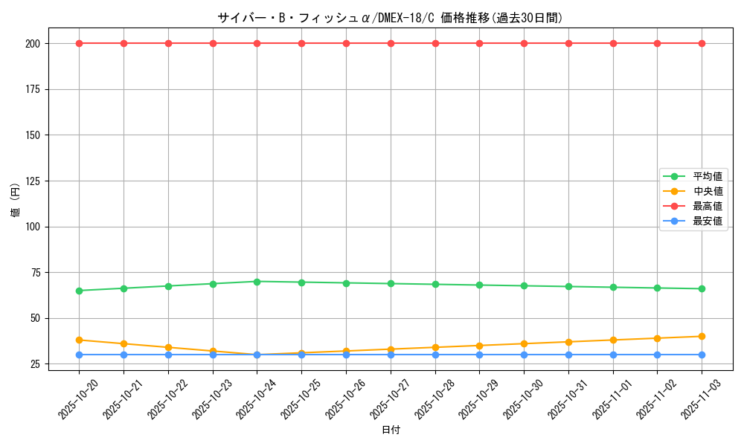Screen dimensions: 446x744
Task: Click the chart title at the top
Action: pyautogui.click(x=390, y=18)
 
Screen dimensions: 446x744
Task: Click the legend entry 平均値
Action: pyautogui.click(x=708, y=176)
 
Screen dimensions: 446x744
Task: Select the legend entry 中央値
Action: pyautogui.click(x=708, y=191)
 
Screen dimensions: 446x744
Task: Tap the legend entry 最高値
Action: pyautogui.click(x=708, y=206)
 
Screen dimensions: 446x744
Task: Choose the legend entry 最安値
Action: pyautogui.click(x=708, y=221)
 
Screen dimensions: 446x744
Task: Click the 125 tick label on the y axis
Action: pyautogui.click(x=36, y=181)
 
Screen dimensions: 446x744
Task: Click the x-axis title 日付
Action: pyautogui.click(x=391, y=430)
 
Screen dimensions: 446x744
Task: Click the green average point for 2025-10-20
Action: pyautogui.click(x=79, y=291)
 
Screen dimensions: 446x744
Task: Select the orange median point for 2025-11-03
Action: pyautogui.click(x=702, y=336)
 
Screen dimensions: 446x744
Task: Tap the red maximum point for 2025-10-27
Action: pyautogui.click(x=391, y=43)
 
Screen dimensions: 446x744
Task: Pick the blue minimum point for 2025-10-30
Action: pyautogui.click(x=524, y=355)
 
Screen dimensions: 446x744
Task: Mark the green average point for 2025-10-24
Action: pyautogui.click(x=257, y=282)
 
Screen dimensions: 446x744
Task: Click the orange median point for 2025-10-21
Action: pyautogui.click(x=124, y=343)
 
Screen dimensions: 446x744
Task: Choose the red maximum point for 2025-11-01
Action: pyautogui.click(x=613, y=43)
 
